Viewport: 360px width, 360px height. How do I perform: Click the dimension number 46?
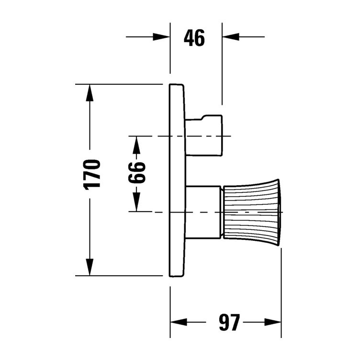[x=194, y=37]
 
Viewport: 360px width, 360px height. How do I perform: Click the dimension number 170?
[x=93, y=174]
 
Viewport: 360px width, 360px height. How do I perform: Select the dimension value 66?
[x=136, y=174]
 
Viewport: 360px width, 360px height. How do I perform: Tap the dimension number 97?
[x=228, y=323]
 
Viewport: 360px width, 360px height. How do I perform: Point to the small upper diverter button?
[x=204, y=136]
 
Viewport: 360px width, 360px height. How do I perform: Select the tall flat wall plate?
[x=177, y=180]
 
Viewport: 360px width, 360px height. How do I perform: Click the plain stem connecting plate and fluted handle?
[x=202, y=211]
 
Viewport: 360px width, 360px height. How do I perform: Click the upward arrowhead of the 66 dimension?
[x=136, y=144]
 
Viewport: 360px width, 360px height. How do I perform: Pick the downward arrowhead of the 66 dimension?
[x=136, y=203]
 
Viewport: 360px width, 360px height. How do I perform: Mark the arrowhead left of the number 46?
[x=162, y=37]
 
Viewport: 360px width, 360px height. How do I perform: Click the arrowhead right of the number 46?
[x=230, y=37]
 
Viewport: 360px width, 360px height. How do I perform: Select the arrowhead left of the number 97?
[x=179, y=323]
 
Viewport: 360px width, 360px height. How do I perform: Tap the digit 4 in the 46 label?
[x=189, y=37]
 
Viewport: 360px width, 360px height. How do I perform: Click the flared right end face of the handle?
[x=279, y=211]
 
